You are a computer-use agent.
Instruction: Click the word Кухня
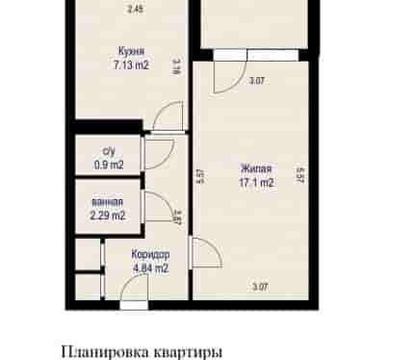pos(131,51)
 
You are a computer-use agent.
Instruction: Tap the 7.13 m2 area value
pos(131,65)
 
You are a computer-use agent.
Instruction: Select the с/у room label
pos(109,151)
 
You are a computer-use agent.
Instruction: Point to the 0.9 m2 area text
pos(109,165)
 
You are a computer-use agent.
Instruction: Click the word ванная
pos(107,202)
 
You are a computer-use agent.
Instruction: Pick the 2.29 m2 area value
pos(108,216)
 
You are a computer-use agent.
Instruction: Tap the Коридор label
pos(150,255)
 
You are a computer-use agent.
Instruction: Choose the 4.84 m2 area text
pos(150,268)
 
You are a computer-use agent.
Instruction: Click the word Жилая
pos(256,169)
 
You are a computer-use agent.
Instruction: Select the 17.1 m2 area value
pos(256,183)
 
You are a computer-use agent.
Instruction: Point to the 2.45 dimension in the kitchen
pos(135,10)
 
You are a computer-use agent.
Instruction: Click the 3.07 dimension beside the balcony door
pos(257,81)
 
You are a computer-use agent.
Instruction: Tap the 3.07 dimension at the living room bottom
pos(260,287)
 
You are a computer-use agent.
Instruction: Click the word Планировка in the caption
pos(105,351)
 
